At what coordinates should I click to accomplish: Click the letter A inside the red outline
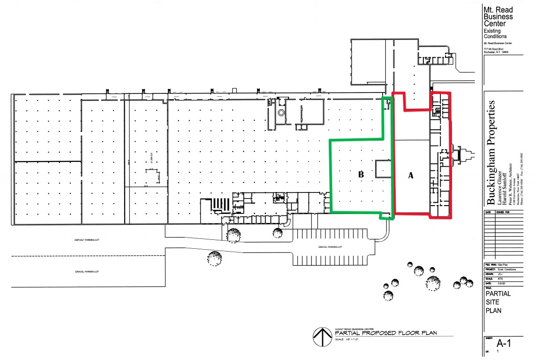click(411, 176)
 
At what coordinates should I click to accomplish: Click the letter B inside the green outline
click(361, 174)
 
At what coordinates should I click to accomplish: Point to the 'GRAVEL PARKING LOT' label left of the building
click(87, 272)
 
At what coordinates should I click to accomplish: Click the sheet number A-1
click(503, 344)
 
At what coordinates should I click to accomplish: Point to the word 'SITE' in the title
click(492, 302)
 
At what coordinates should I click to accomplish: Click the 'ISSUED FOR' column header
click(502, 213)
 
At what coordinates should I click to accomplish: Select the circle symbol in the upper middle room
click(281, 113)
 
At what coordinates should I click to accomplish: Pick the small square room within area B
click(382, 169)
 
